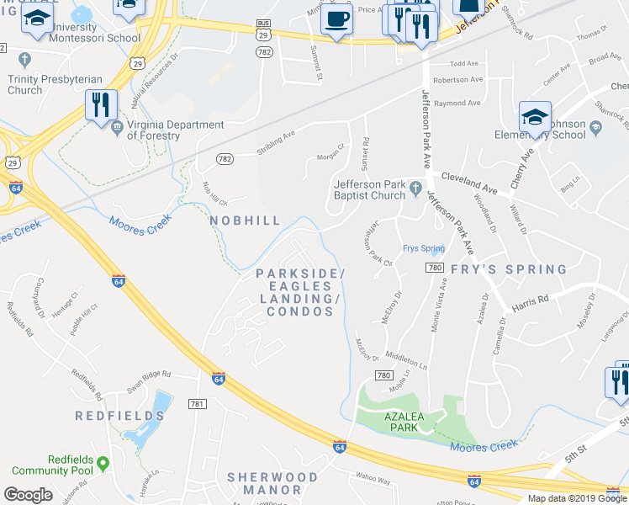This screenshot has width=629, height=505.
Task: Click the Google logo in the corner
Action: [28, 494]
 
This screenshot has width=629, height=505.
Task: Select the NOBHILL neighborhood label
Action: [245, 220]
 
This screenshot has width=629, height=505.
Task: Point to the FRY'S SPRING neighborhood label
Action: [509, 269]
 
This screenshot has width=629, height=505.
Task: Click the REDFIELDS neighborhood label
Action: [119, 416]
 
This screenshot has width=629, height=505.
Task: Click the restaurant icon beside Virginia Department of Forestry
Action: [100, 105]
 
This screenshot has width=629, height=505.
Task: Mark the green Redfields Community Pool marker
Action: [103, 463]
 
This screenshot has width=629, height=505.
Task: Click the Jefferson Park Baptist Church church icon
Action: [415, 186]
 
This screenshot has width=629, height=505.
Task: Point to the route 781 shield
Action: [198, 405]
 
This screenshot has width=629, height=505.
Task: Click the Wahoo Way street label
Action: [373, 481]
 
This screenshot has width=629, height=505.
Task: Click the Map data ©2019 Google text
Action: [578, 498]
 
